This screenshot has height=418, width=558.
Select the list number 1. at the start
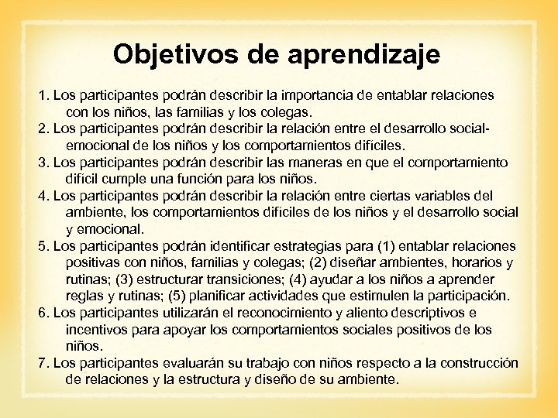(45, 96)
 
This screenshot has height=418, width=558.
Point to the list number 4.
(45, 196)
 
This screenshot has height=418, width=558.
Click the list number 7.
(45, 363)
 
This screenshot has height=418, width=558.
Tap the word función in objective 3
(208, 180)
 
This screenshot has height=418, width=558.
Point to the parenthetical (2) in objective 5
(317, 263)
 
